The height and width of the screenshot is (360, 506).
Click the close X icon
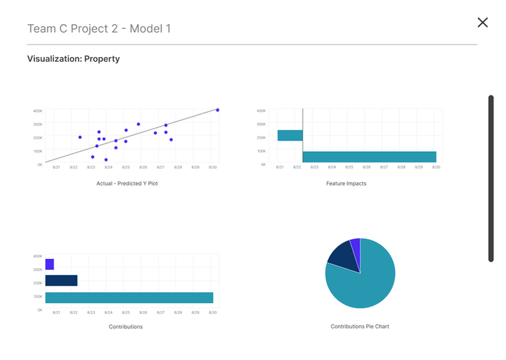coord(483,23)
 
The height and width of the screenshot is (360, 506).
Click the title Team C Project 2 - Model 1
coord(99,29)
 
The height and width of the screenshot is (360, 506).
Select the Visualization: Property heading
coord(73,59)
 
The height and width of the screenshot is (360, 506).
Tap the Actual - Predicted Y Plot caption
coord(127,183)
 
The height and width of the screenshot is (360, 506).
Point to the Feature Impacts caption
coord(346,183)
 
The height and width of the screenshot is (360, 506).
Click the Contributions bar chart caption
coord(126,326)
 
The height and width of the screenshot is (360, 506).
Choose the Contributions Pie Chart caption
coord(360,326)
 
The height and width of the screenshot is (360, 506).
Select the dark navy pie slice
coord(343,256)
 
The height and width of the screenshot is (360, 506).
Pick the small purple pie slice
coord(355,245)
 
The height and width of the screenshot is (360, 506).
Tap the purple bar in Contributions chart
coord(49,265)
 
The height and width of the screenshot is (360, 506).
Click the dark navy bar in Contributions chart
coord(61,280)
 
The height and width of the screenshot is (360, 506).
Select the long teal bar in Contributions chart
coord(129,297)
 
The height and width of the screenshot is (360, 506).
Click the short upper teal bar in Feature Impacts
coord(290,135)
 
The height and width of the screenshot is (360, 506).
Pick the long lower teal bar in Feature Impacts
coord(369,157)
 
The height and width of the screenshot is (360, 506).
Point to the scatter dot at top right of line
coord(218,110)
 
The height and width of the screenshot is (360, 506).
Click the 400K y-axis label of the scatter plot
coord(38,111)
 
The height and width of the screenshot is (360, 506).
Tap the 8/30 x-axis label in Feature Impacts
coord(435,168)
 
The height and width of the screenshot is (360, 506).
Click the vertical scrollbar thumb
coord(491,178)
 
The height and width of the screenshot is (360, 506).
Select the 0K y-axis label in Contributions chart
coord(39,311)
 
